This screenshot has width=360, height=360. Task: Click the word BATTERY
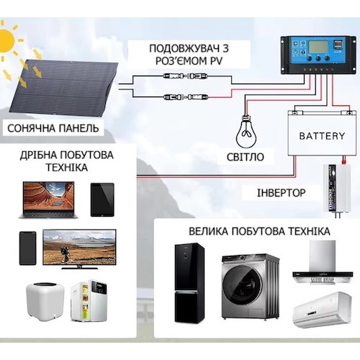point(322,136)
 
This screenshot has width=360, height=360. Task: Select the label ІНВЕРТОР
point(282,193)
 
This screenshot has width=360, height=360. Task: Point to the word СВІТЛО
point(246,157)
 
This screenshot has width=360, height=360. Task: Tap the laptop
point(48,200)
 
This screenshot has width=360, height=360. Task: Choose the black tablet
point(102,199)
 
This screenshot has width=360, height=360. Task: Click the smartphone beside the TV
point(27,248)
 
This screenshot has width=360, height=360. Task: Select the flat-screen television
point(79,249)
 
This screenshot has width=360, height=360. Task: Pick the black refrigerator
point(189,282)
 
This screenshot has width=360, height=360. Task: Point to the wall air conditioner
point(323,310)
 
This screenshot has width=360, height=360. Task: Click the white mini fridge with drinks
point(89,301)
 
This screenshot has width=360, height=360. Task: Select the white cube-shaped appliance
point(45,300)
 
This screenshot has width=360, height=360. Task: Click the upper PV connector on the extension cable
point(186,76)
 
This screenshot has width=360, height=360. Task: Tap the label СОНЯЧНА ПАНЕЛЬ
point(53,128)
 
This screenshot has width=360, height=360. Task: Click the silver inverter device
point(336,189)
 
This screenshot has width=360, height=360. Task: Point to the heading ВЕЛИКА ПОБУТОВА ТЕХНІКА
point(259,232)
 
